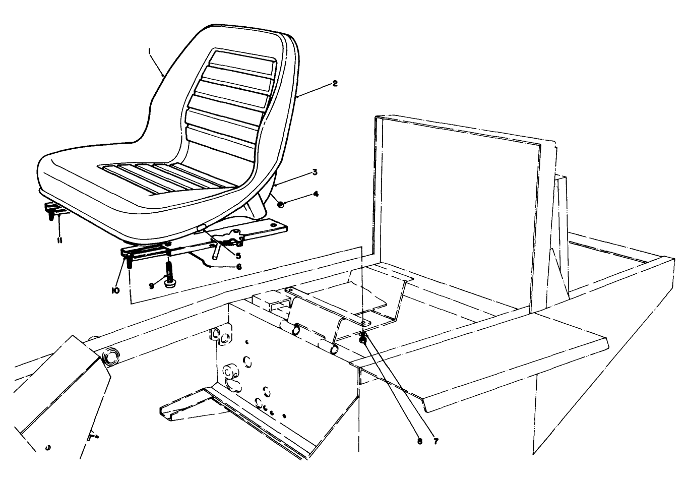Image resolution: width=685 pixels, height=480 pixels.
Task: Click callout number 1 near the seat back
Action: coord(150,50)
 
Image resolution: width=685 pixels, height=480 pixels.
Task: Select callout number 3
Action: coord(314,172)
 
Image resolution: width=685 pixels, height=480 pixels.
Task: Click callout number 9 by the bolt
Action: coord(151,285)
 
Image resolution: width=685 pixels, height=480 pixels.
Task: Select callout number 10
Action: coord(116,290)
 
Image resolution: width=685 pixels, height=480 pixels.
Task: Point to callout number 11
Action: coord(59,241)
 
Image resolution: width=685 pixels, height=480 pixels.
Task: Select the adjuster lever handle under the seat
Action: coord(216,250)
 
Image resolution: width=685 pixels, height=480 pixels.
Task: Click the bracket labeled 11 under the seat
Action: coord(52,208)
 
